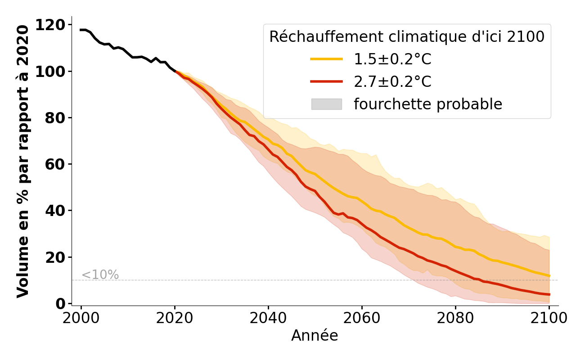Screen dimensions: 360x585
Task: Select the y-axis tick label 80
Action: pos(54,118)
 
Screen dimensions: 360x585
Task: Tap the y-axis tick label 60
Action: pos(54,164)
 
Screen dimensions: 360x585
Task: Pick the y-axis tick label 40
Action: pos(54,211)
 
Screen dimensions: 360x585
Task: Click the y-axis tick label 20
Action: pos(54,257)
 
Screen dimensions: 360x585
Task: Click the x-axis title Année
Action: pos(315,336)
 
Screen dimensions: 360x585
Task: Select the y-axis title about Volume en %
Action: pos(23,161)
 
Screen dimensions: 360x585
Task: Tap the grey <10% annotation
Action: pos(100,275)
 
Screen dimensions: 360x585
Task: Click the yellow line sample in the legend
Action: pos(326,59)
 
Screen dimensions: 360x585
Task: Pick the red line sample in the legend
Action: pos(326,81)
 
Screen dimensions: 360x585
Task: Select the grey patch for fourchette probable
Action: pos(326,104)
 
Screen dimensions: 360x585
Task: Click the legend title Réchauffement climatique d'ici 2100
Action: pos(407,37)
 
